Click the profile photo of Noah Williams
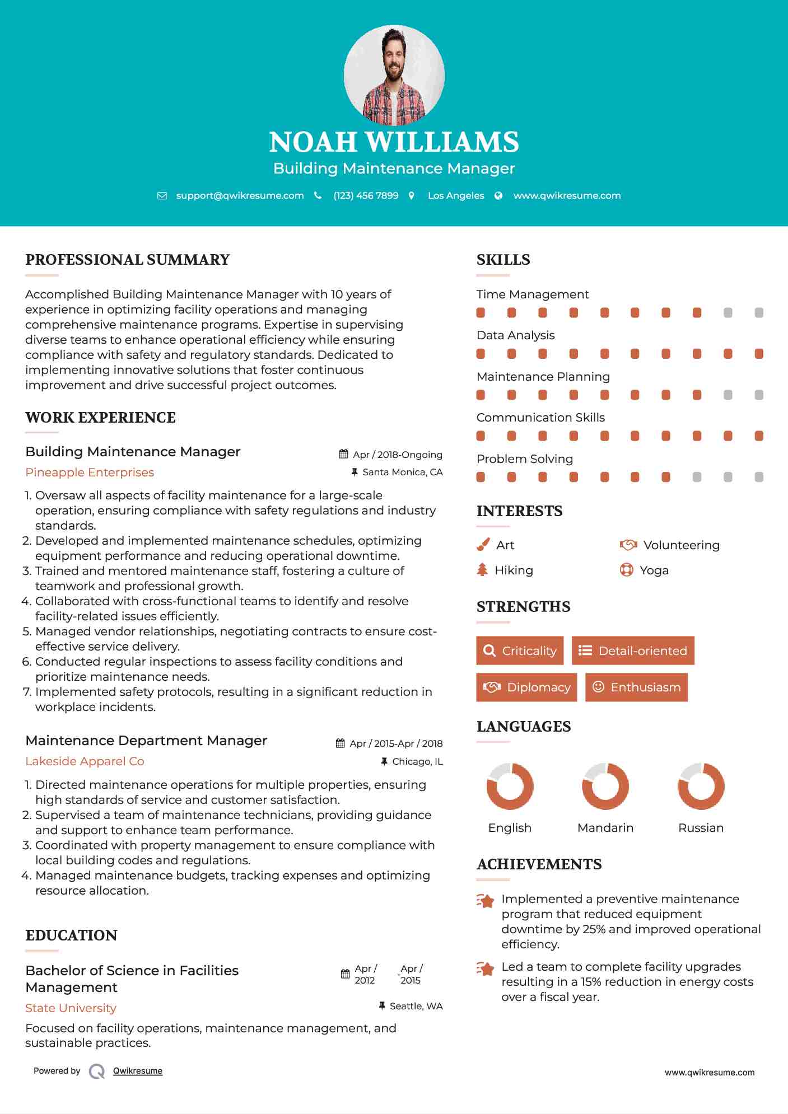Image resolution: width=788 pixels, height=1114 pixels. pyautogui.click(x=394, y=74)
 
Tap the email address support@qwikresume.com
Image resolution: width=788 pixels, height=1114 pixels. pyautogui.click(x=240, y=195)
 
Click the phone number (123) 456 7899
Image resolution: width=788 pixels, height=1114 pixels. pyautogui.click(x=366, y=195)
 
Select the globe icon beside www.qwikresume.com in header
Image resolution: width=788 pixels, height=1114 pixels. pyautogui.click(x=498, y=195)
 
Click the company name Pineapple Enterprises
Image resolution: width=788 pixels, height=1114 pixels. pyautogui.click(x=90, y=472)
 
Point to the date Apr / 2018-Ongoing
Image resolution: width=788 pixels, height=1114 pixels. pyautogui.click(x=397, y=455)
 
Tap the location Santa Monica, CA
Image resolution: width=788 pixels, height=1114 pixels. pyautogui.click(x=402, y=472)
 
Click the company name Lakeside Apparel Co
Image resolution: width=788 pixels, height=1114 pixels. pyautogui.click(x=85, y=761)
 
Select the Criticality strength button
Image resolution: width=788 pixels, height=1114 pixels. pyautogui.click(x=520, y=650)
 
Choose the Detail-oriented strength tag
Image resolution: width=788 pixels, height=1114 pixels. pyautogui.click(x=633, y=650)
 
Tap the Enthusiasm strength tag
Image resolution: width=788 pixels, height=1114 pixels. pyautogui.click(x=636, y=687)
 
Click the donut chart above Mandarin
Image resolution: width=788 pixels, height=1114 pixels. pyautogui.click(x=605, y=786)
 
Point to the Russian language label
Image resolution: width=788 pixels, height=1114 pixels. pyautogui.click(x=701, y=828)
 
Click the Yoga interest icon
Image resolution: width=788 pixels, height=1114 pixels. pyautogui.click(x=626, y=570)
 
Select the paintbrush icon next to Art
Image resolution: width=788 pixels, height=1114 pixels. pyautogui.click(x=483, y=545)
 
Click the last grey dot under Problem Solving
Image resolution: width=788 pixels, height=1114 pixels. pyautogui.click(x=759, y=477)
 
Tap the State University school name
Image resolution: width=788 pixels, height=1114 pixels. pyautogui.click(x=71, y=1008)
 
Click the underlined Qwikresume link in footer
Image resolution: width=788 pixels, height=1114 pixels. pyautogui.click(x=138, y=1071)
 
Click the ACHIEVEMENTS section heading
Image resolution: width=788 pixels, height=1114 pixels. pyautogui.click(x=539, y=864)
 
